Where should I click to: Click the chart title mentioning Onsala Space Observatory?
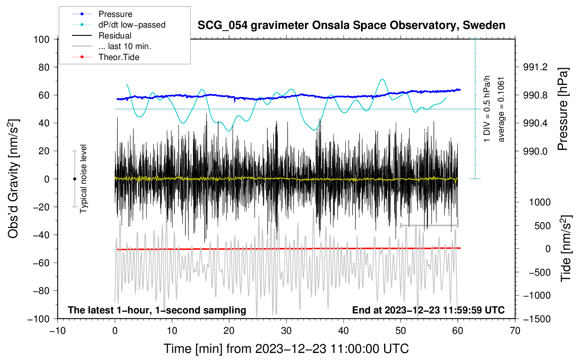[351, 25]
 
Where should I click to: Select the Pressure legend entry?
[115, 14]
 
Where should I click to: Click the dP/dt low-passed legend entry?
[132, 25]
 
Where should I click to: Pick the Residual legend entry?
[115, 36]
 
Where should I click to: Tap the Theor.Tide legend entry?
[119, 57]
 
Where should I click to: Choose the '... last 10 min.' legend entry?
[125, 46]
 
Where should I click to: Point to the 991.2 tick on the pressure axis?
[535, 67]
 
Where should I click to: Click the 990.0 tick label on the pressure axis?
[535, 151]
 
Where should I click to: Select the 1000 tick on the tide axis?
[540, 202]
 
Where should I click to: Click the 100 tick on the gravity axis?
[41, 39]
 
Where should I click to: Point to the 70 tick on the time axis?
[515, 331]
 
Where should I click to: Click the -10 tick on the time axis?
[57, 331]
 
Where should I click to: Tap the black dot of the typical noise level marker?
[74, 179]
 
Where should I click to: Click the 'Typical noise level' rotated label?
[83, 179]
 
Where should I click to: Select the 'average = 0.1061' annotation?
[501, 109]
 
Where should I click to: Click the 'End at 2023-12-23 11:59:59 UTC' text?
[428, 310]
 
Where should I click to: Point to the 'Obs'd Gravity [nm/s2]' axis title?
[13, 179]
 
